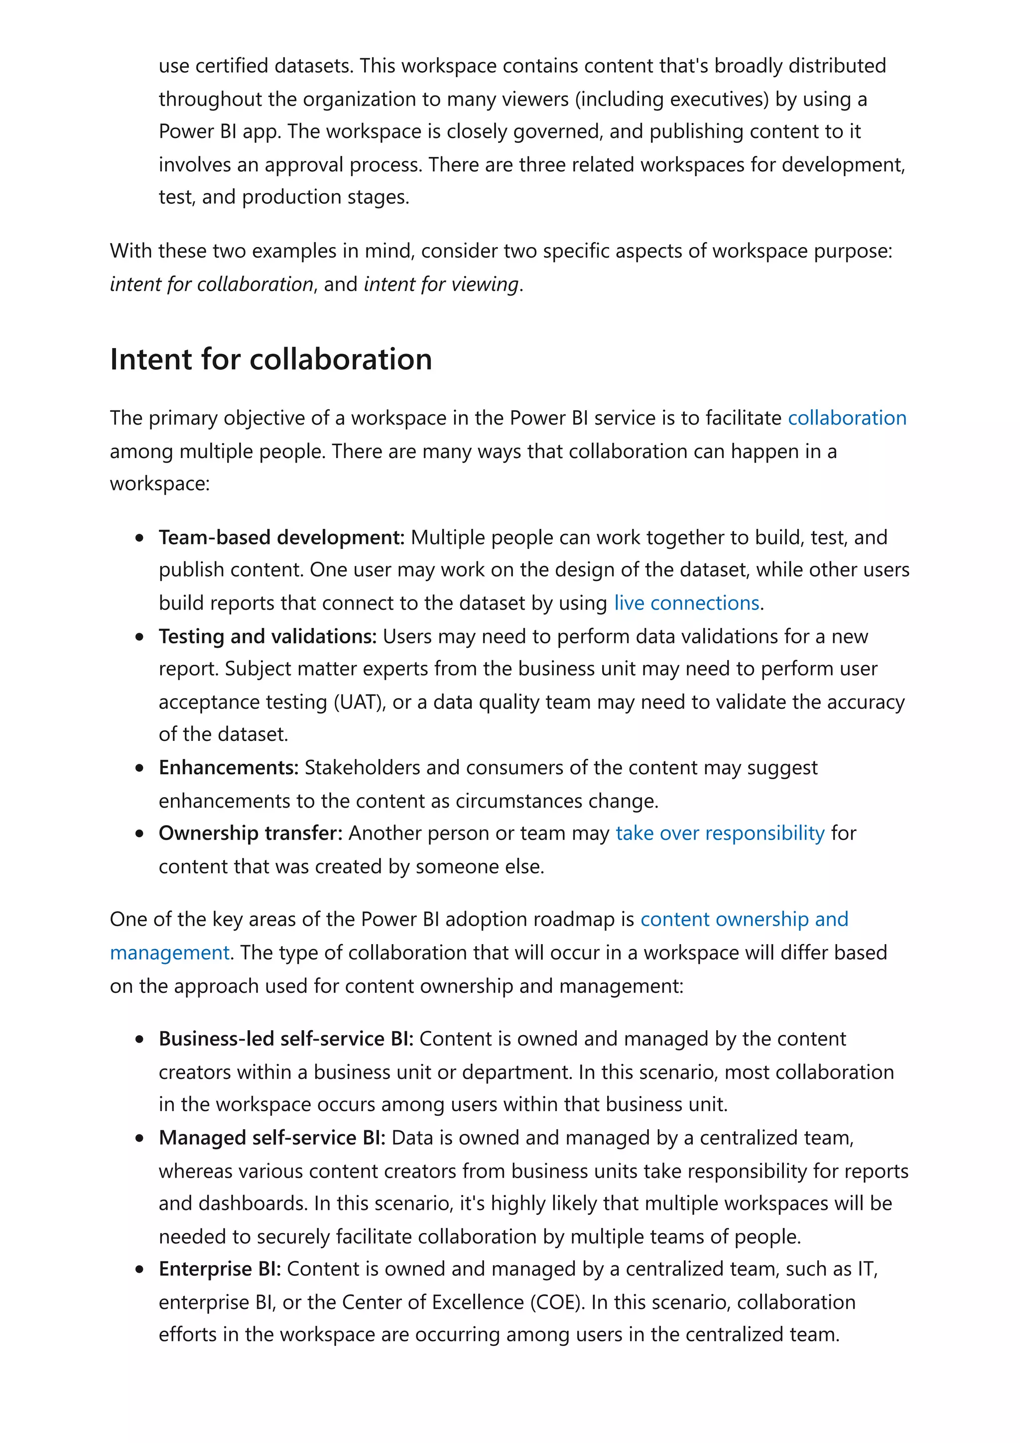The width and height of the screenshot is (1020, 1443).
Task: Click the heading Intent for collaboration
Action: [271, 360]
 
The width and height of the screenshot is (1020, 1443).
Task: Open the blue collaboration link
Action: [847, 418]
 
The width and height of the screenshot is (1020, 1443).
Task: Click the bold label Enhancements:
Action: [229, 767]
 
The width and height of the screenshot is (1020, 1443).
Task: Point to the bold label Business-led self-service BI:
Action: [286, 1038]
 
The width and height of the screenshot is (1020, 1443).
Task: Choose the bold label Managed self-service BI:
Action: [272, 1138]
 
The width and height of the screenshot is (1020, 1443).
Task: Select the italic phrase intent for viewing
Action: [442, 284]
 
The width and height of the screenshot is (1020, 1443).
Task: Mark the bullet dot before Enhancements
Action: [139, 768]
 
